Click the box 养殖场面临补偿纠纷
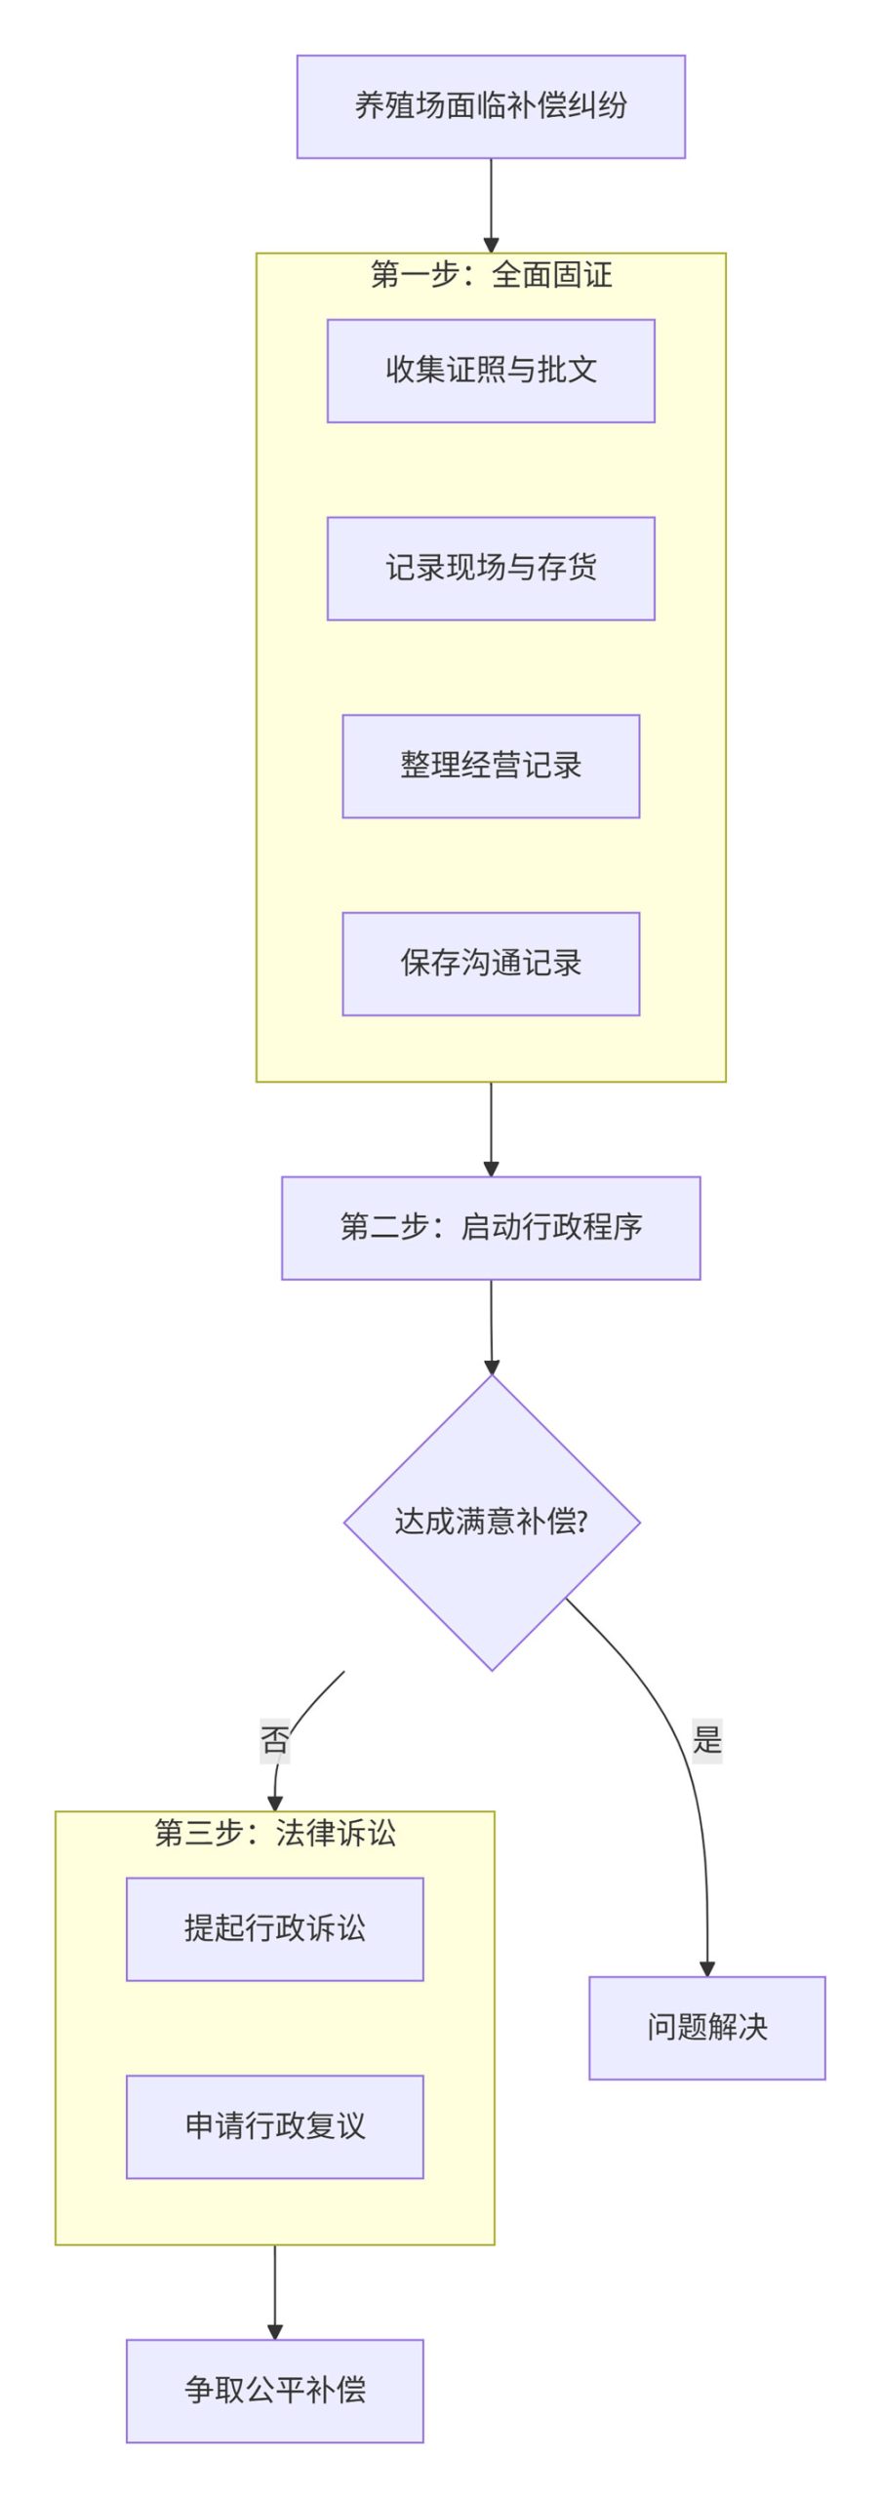(490, 106)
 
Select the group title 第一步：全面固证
(490, 275)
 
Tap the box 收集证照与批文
(490, 371)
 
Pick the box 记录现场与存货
(490, 568)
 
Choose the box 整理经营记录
(490, 766)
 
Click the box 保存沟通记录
(490, 964)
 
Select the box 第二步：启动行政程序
(490, 1227)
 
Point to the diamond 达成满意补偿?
(491, 1522)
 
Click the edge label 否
(275, 1740)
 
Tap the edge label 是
(706, 1739)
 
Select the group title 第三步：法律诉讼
(275, 1833)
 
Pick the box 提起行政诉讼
(275, 1928)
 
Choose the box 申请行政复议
(275, 2126)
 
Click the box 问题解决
(706, 2027)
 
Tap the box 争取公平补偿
(275, 2390)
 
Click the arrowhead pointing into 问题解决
(706, 1968)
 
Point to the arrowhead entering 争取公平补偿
(275, 2331)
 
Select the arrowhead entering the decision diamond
(491, 1367)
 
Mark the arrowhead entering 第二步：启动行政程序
(490, 1169)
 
